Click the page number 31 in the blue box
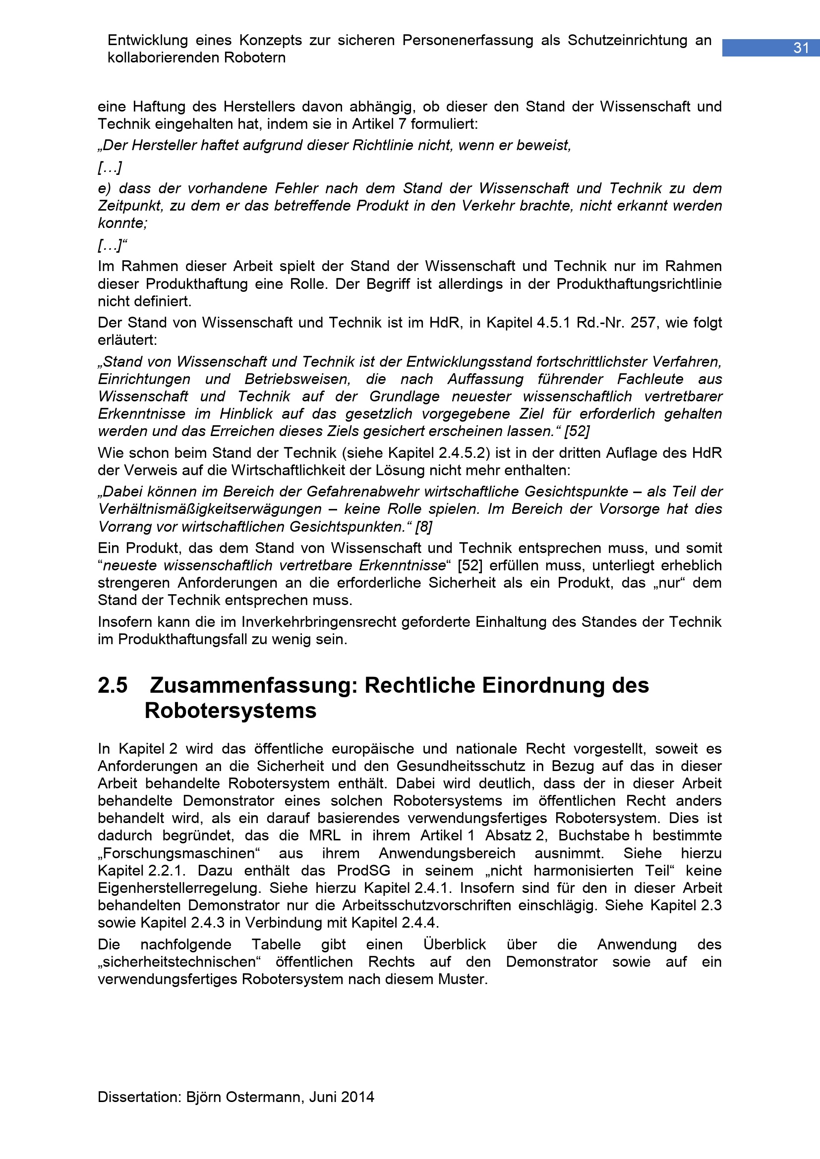(801, 48)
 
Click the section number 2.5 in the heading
(113, 685)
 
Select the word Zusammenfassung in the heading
(250, 685)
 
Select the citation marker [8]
(423, 527)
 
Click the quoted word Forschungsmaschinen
(179, 853)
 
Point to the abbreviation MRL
(325, 835)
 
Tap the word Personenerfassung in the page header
(468, 40)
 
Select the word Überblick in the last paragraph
(455, 944)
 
